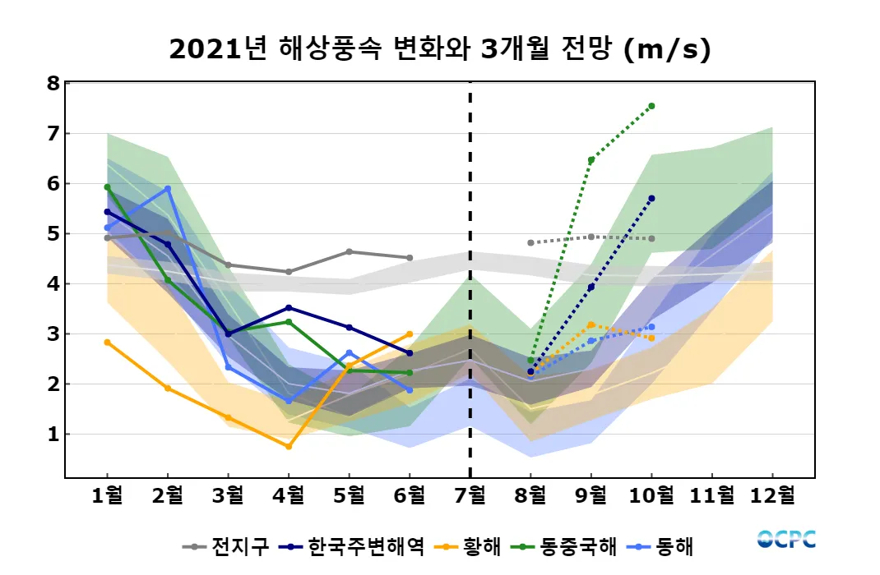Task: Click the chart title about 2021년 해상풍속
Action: pos(439,50)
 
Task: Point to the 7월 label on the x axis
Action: pos(470,495)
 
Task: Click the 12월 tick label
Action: pos(773,495)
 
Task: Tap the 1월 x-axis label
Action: pos(108,495)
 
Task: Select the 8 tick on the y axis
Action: pos(53,83)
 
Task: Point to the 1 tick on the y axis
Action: pos(53,434)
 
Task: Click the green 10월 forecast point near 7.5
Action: pos(651,106)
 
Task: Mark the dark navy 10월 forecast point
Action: pos(651,198)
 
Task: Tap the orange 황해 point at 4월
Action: pos(289,446)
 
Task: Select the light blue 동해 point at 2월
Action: pos(168,188)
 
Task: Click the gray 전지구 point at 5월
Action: pos(350,251)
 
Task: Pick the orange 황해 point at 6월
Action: pos(410,333)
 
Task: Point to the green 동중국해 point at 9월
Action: pos(591,159)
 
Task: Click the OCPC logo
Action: pos(786,539)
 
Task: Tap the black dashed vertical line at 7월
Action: pos(470,279)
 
